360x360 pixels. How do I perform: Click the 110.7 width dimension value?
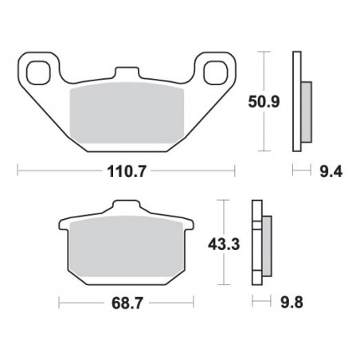[x=127, y=171]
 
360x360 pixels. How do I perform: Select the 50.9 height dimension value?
[x=264, y=102]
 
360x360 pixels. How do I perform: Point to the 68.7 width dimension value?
[x=127, y=303]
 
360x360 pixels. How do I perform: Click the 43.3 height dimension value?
[x=224, y=245]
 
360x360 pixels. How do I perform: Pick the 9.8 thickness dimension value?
[x=292, y=303]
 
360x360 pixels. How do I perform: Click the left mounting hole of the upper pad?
[x=39, y=72]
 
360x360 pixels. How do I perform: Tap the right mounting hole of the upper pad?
[x=216, y=72]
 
